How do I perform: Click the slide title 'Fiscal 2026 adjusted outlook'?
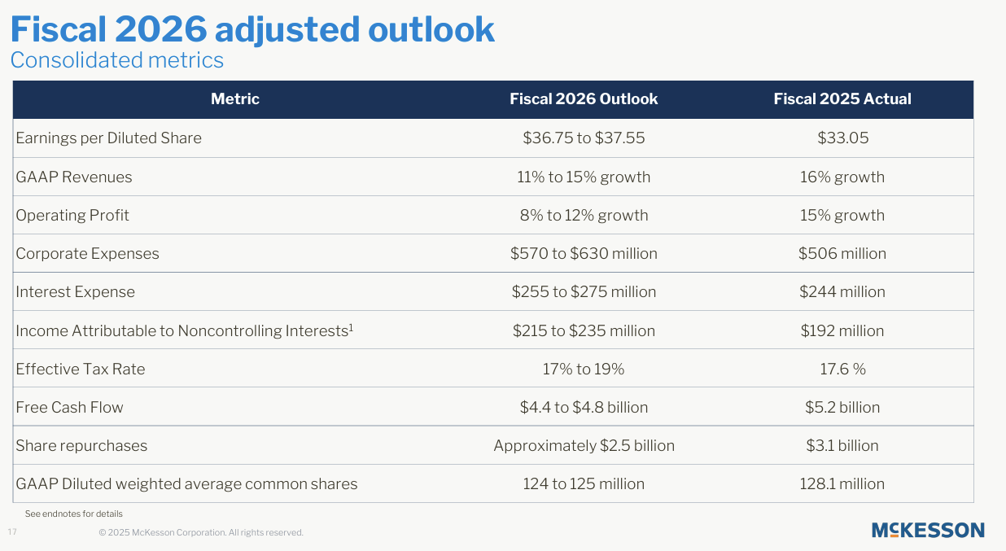251,29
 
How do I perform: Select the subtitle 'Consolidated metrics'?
116,60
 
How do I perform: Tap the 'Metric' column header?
234,99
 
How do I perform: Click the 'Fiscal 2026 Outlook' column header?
584,99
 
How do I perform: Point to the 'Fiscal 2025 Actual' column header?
842,99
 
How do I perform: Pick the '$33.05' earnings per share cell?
842,138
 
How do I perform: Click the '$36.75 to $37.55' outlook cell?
584,138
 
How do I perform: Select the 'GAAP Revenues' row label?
74,177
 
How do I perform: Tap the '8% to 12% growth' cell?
584,216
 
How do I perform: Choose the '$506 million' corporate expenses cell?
842,254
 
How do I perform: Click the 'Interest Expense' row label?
76,292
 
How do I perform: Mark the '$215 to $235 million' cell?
584,331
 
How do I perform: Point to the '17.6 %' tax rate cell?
842,370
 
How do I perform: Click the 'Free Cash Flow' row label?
70,408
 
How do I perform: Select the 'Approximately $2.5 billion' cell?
584,446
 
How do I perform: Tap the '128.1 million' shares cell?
842,484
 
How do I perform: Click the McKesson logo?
928,531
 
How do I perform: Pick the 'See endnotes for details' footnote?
74,514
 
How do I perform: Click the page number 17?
12,532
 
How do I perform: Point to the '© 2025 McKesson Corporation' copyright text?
201,533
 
